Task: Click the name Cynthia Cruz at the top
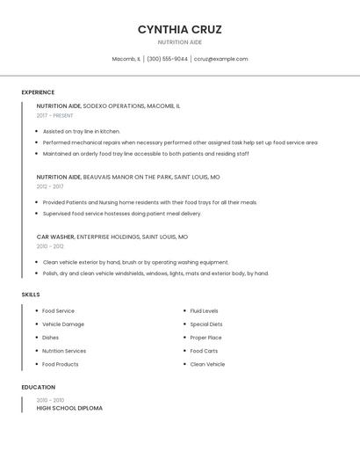[x=179, y=29]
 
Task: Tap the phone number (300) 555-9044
[x=167, y=59]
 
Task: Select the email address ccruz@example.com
[x=220, y=59]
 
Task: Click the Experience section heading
[x=38, y=92]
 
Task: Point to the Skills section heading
[x=31, y=295]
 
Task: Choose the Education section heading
[x=38, y=387]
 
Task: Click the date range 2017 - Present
[x=54, y=116]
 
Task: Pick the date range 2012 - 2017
[x=50, y=186]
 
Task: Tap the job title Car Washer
[x=55, y=237]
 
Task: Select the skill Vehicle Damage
[x=63, y=324]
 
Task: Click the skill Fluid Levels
[x=204, y=311]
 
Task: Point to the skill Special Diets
[x=206, y=324]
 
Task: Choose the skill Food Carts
[x=204, y=351]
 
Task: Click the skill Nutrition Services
[x=64, y=351]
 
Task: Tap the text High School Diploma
[x=69, y=408]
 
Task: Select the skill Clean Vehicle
[x=207, y=364]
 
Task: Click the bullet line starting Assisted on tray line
[x=82, y=131]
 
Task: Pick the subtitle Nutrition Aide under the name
[x=179, y=42]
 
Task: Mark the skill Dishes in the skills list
[x=50, y=338]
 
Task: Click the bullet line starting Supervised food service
[x=122, y=213]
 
